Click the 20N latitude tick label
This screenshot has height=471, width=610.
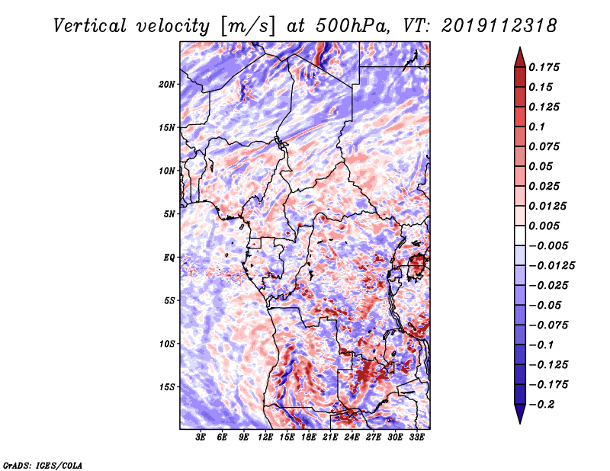point(167,85)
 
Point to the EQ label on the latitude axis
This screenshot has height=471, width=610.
point(169,258)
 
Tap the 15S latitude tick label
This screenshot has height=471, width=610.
point(167,387)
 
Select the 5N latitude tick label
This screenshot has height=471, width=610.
point(169,214)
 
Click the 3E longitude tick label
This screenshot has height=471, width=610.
point(201,437)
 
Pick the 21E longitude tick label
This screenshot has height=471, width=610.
point(330,437)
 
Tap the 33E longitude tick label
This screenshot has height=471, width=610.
point(416,437)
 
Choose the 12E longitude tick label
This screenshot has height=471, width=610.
point(265,437)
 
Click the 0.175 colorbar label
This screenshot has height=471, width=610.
point(544,67)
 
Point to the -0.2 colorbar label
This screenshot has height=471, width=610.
point(542,405)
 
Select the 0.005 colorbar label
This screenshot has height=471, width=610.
point(544,226)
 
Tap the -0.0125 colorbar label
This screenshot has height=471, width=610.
point(551,266)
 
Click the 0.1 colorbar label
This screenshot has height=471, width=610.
point(537,127)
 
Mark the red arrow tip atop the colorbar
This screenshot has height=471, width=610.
point(520,47)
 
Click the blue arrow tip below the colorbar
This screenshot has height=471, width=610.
point(520,424)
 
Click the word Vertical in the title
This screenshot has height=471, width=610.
point(90,26)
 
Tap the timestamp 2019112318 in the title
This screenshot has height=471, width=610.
point(499,26)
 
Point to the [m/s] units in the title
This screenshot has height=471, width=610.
point(248,27)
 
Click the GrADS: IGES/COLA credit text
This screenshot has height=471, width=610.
point(43,465)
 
